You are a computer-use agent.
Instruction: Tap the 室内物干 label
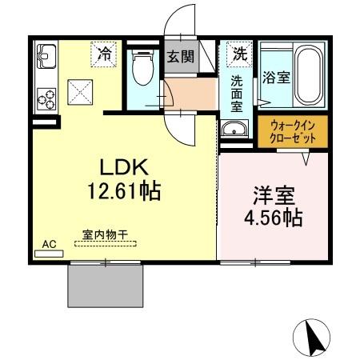[105, 235]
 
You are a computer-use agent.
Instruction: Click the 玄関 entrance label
[180, 57]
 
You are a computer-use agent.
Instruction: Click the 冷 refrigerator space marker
[104, 54]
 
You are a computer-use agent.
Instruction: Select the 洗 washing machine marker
[238, 54]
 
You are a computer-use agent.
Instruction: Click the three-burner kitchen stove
[46, 98]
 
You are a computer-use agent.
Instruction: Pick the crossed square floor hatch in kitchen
[80, 90]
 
